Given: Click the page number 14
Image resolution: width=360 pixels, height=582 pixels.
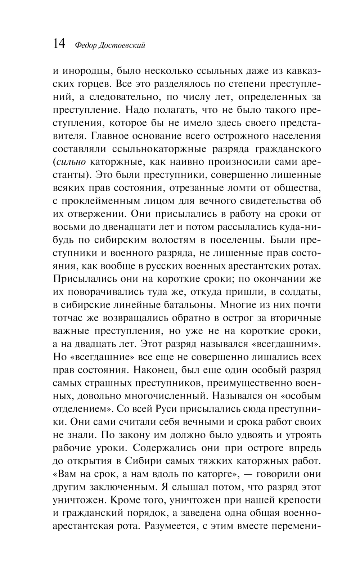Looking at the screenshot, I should tap(59, 44).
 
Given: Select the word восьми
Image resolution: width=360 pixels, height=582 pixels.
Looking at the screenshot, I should tap(69, 227).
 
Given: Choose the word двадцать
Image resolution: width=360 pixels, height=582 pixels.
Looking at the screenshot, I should tap(98, 344).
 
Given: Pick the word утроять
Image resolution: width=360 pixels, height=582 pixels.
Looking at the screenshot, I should tap(303, 435).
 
